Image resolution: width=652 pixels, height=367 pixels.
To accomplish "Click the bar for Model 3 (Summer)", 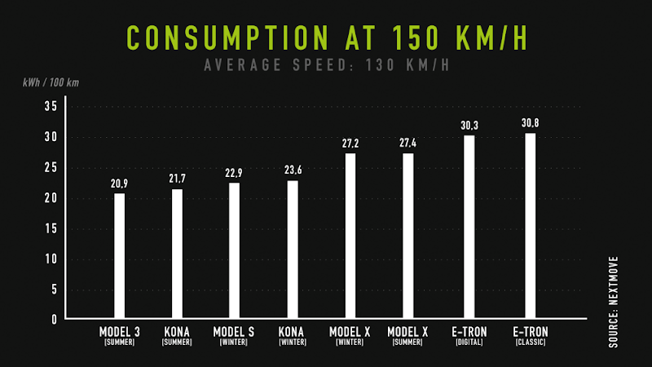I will click(120, 255).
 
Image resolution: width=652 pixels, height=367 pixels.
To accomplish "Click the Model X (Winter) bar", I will click(350, 236).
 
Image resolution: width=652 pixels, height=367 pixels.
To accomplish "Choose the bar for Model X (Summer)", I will click(407, 236).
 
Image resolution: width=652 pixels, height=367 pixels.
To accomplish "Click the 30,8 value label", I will click(530, 123).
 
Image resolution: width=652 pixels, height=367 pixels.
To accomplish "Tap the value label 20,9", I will click(120, 183).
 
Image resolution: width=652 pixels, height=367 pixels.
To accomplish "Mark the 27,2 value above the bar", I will click(350, 144).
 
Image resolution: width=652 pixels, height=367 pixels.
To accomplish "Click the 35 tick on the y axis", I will click(50, 107).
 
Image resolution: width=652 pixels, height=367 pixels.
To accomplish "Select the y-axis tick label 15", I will click(50, 228).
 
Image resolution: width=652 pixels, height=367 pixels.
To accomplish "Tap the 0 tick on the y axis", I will click(54, 320).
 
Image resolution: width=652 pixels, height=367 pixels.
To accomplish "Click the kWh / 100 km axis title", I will click(51, 82).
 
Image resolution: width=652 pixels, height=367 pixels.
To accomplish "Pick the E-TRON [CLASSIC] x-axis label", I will click(531, 336).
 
